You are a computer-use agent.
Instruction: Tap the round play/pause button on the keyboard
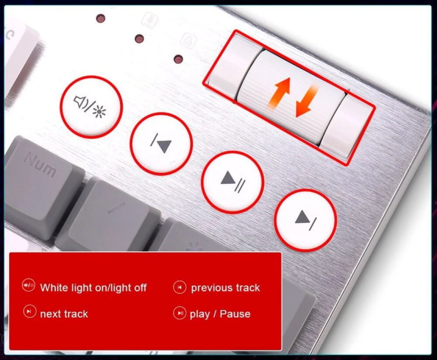pyautogui.click(x=232, y=182)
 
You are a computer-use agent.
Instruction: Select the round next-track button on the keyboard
pyautogui.click(x=306, y=220)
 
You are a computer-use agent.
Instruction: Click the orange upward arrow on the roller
pyautogui.click(x=280, y=93)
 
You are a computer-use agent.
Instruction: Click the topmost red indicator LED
pyautogui.click(x=101, y=19)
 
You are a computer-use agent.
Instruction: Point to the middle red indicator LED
pyautogui.click(x=139, y=39)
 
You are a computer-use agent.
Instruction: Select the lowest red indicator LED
pyautogui.click(x=178, y=59)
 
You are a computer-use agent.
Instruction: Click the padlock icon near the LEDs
pyautogui.click(x=188, y=40)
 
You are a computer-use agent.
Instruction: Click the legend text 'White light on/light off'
pyautogui.click(x=94, y=287)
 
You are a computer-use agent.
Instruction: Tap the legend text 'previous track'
pyautogui.click(x=225, y=287)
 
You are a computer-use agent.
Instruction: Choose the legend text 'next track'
pyautogui.click(x=64, y=314)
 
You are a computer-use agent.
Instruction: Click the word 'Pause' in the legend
pyautogui.click(x=235, y=314)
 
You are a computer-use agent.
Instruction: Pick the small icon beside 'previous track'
pyautogui.click(x=180, y=287)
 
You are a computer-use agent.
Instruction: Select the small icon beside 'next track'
pyautogui.click(x=30, y=311)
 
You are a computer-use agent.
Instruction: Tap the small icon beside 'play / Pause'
pyautogui.click(x=180, y=313)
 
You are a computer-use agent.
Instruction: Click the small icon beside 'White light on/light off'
pyautogui.click(x=28, y=285)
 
